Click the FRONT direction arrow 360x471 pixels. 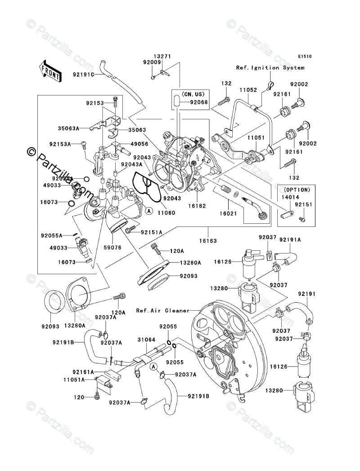(x=51, y=71)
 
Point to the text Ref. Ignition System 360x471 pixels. (x=270, y=68)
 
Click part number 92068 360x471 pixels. (x=199, y=102)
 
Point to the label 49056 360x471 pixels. (x=139, y=144)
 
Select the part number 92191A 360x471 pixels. (x=290, y=240)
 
